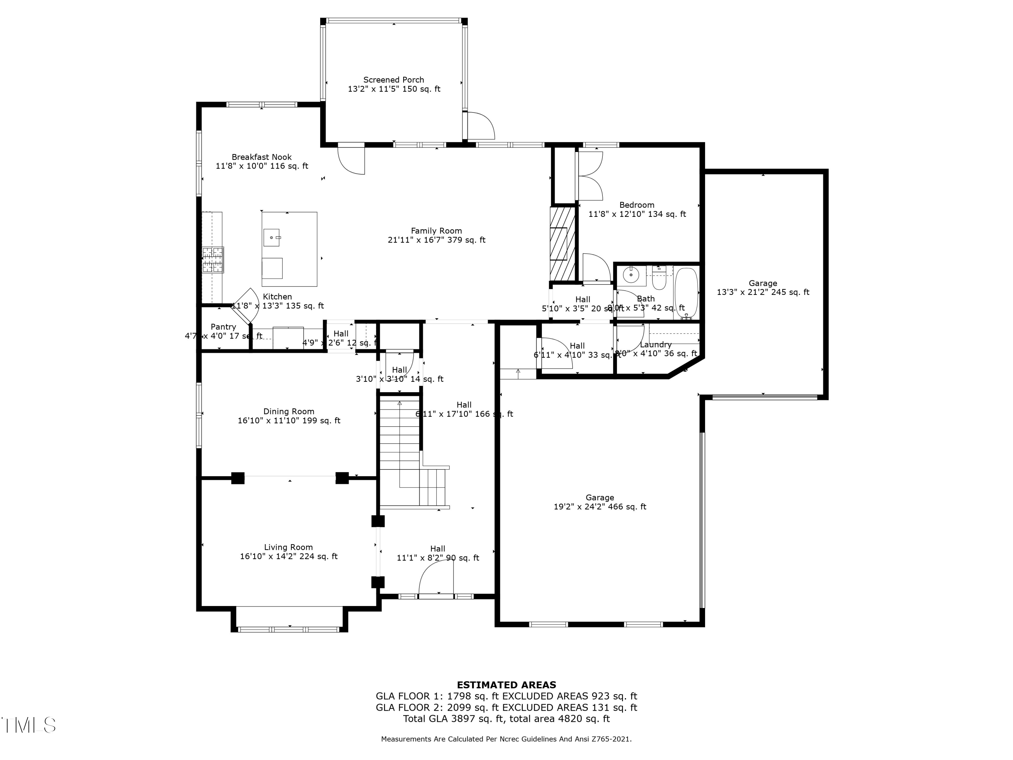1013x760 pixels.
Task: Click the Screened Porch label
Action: (393, 80)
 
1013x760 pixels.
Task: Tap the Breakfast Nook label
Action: (261, 157)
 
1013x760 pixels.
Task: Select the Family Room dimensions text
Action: (436, 240)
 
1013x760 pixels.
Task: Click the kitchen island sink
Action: (271, 238)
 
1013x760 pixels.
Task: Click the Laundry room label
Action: (655, 345)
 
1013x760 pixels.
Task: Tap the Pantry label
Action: (223, 327)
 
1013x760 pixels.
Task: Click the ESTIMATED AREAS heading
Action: (506, 685)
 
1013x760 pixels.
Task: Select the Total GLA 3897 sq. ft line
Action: (506, 719)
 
